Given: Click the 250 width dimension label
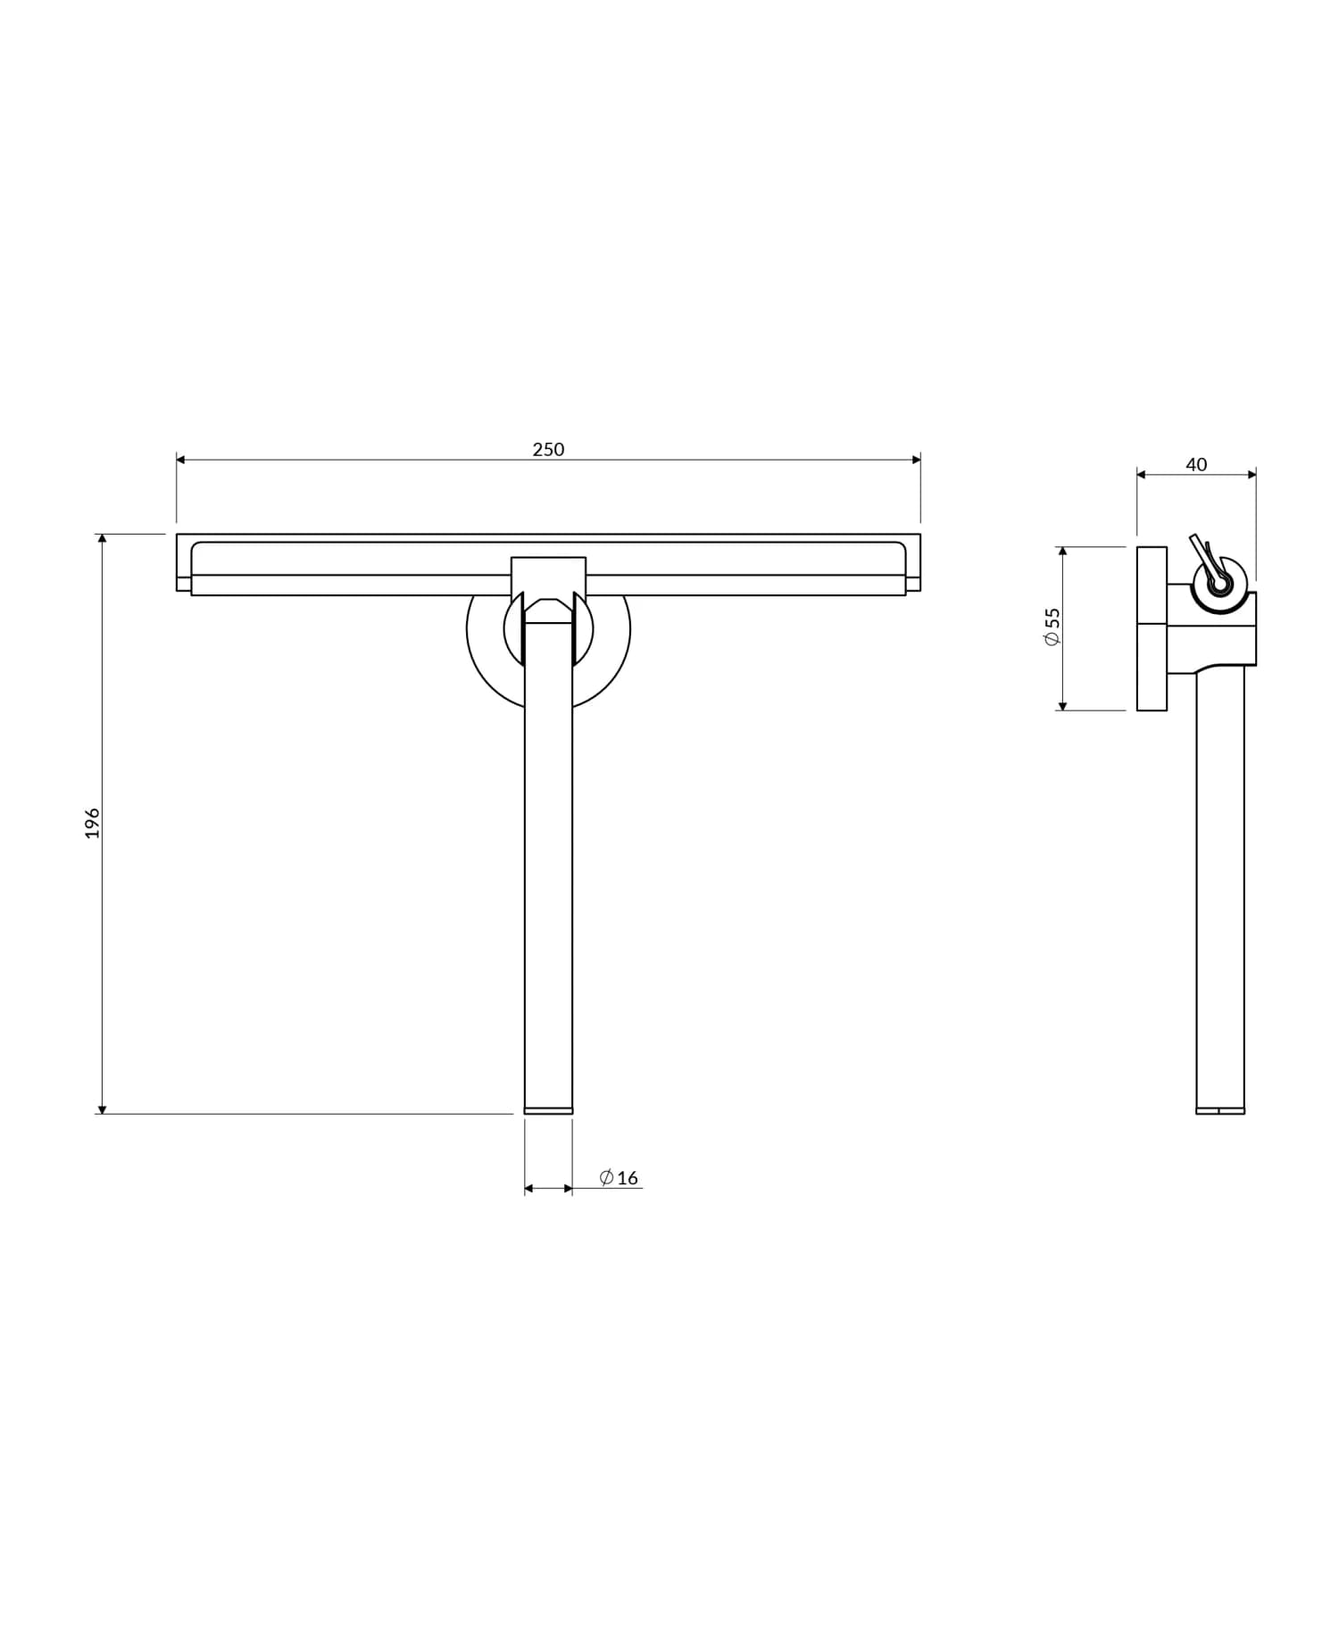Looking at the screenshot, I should point(548,450).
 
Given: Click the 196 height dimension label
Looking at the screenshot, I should point(93,823).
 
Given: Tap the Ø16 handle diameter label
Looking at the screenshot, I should point(619,1178).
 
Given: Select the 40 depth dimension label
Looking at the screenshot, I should point(1195,465).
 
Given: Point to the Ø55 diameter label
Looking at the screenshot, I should point(1052,627).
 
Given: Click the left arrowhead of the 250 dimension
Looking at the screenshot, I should point(181,460).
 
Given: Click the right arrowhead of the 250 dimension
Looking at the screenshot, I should point(916,460).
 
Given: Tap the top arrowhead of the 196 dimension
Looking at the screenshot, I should point(102,539).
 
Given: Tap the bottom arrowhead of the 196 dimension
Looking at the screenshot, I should point(102,1109).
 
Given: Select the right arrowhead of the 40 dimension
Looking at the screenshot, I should point(1252,475).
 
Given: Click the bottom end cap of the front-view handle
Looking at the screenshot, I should point(548,1110).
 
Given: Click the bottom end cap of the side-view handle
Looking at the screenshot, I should point(1220,1110).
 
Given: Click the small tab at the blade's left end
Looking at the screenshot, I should point(184,585).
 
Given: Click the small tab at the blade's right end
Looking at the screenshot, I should point(913,585).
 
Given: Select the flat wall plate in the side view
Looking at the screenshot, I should point(1152,628).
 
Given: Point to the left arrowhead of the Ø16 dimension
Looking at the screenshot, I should point(529,1189).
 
